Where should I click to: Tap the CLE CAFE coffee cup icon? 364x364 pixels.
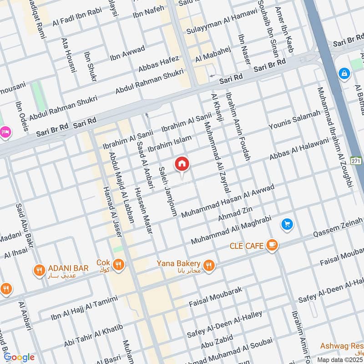(x=273, y=245)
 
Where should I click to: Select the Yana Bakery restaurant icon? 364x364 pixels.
(x=209, y=265)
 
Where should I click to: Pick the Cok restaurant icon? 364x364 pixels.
(x=118, y=264)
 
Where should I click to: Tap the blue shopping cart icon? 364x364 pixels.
(x=287, y=224)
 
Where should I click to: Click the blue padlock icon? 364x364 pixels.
(x=344, y=73)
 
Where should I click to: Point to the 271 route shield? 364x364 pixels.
(x=356, y=161)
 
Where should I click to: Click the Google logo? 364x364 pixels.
(x=19, y=357)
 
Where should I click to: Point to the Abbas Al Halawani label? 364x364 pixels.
(x=299, y=149)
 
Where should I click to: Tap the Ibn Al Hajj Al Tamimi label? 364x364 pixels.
(x=78, y=307)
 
